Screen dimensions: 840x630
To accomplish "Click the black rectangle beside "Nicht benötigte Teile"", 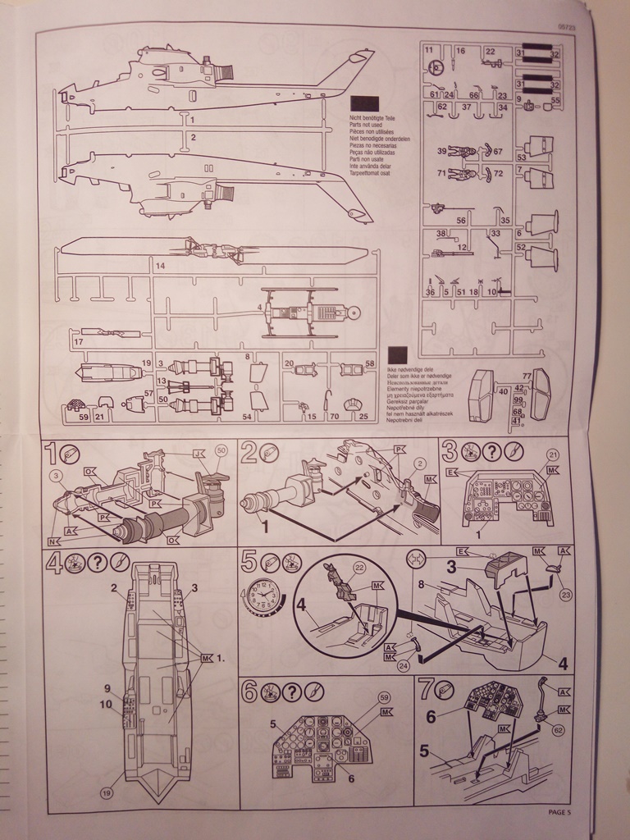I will (x=364, y=103).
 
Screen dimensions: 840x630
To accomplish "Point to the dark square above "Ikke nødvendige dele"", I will (x=398, y=354).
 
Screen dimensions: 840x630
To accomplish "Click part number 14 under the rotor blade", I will (x=160, y=267).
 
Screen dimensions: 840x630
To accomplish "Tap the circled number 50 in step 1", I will (x=221, y=450).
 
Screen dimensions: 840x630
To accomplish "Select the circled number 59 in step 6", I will (x=384, y=697).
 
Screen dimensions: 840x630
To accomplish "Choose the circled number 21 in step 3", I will (x=552, y=454).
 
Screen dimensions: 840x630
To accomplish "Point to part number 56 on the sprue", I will (x=461, y=220).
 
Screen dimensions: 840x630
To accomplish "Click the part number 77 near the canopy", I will (x=527, y=376).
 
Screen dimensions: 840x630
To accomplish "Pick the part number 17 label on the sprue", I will (x=79, y=341).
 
